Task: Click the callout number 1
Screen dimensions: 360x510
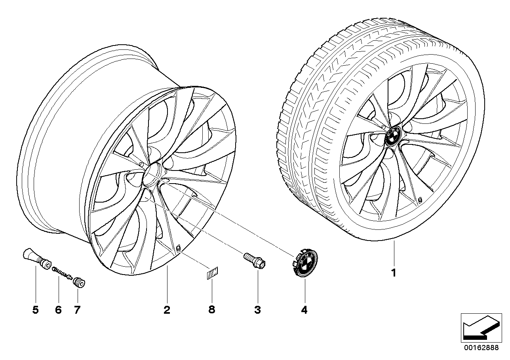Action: pos(394,273)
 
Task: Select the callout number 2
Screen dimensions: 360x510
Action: pos(167,310)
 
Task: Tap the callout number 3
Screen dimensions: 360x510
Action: pos(257,310)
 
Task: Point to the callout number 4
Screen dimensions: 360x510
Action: pos(304,310)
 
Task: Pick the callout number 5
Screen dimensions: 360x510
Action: pos(36,310)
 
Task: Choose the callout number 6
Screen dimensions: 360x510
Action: pos(59,310)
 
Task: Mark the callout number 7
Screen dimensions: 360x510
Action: pos(77,310)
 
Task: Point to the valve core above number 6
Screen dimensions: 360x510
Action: pos(61,273)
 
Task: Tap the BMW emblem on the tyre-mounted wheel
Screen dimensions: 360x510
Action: pos(394,138)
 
